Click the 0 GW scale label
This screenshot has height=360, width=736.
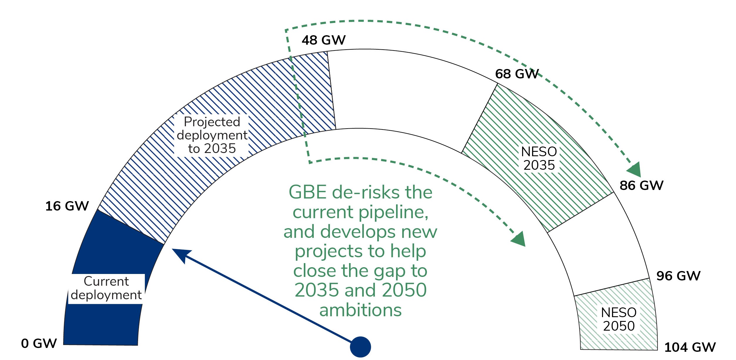(x=39, y=343)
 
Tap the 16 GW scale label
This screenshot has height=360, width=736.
(x=67, y=206)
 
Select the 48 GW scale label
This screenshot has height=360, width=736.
(x=323, y=40)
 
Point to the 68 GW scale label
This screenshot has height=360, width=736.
(x=517, y=74)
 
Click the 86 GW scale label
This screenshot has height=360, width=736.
(x=641, y=186)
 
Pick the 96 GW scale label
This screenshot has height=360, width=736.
(x=678, y=276)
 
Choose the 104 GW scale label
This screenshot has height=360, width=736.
(x=690, y=347)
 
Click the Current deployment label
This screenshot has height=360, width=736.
(x=106, y=288)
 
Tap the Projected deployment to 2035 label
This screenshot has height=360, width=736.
(x=212, y=135)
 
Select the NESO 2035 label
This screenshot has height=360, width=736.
(x=539, y=159)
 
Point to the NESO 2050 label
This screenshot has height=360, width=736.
(x=619, y=319)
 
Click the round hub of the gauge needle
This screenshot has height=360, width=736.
(x=361, y=347)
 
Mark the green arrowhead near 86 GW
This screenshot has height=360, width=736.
(x=635, y=170)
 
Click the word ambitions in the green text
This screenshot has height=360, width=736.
(x=361, y=310)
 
